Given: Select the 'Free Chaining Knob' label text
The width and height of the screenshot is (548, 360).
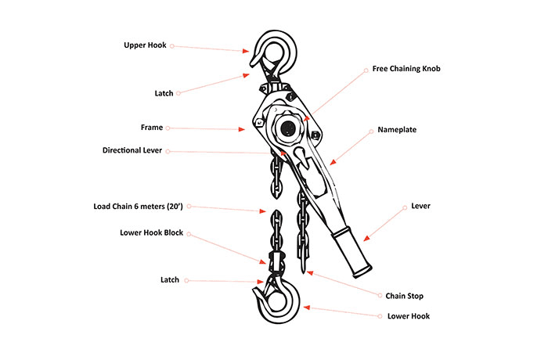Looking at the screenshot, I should tap(406, 69).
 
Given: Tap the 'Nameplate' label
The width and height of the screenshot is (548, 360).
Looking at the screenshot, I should tap(397, 129).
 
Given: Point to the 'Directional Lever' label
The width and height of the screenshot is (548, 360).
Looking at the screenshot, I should tap(132, 151).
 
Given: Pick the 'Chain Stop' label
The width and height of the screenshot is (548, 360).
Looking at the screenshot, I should tap(406, 296).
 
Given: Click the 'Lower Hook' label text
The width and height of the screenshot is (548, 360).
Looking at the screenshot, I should tap(409, 316).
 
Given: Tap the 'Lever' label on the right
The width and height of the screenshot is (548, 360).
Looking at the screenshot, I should tap(420, 207).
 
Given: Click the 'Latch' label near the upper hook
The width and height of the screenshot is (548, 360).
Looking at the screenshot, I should tap(164, 93).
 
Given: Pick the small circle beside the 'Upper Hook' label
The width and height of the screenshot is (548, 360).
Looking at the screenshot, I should tap(172, 45).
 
